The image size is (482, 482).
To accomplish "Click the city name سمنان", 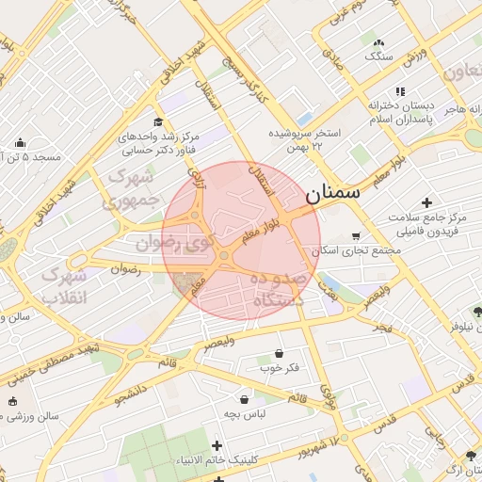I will coord(333,193).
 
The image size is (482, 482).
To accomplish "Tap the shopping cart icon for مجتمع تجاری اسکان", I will coord(355,236).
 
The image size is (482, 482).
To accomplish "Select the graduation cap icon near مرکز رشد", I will coord(158,122).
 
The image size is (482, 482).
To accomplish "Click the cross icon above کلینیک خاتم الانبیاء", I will coord(217,445).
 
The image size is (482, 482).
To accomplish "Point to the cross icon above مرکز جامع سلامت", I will coord(427,202).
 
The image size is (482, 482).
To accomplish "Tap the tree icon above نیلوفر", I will coord(477,312).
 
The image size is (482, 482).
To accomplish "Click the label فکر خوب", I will coord(281,367).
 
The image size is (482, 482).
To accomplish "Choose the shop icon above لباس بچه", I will coord(245,399).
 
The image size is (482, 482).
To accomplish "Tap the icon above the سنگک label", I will coord(378,42).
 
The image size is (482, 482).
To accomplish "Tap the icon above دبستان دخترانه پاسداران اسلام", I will coord(400,91).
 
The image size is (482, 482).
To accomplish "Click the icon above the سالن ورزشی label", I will coord(12,401).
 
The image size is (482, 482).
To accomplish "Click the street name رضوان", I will coord(125,269).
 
